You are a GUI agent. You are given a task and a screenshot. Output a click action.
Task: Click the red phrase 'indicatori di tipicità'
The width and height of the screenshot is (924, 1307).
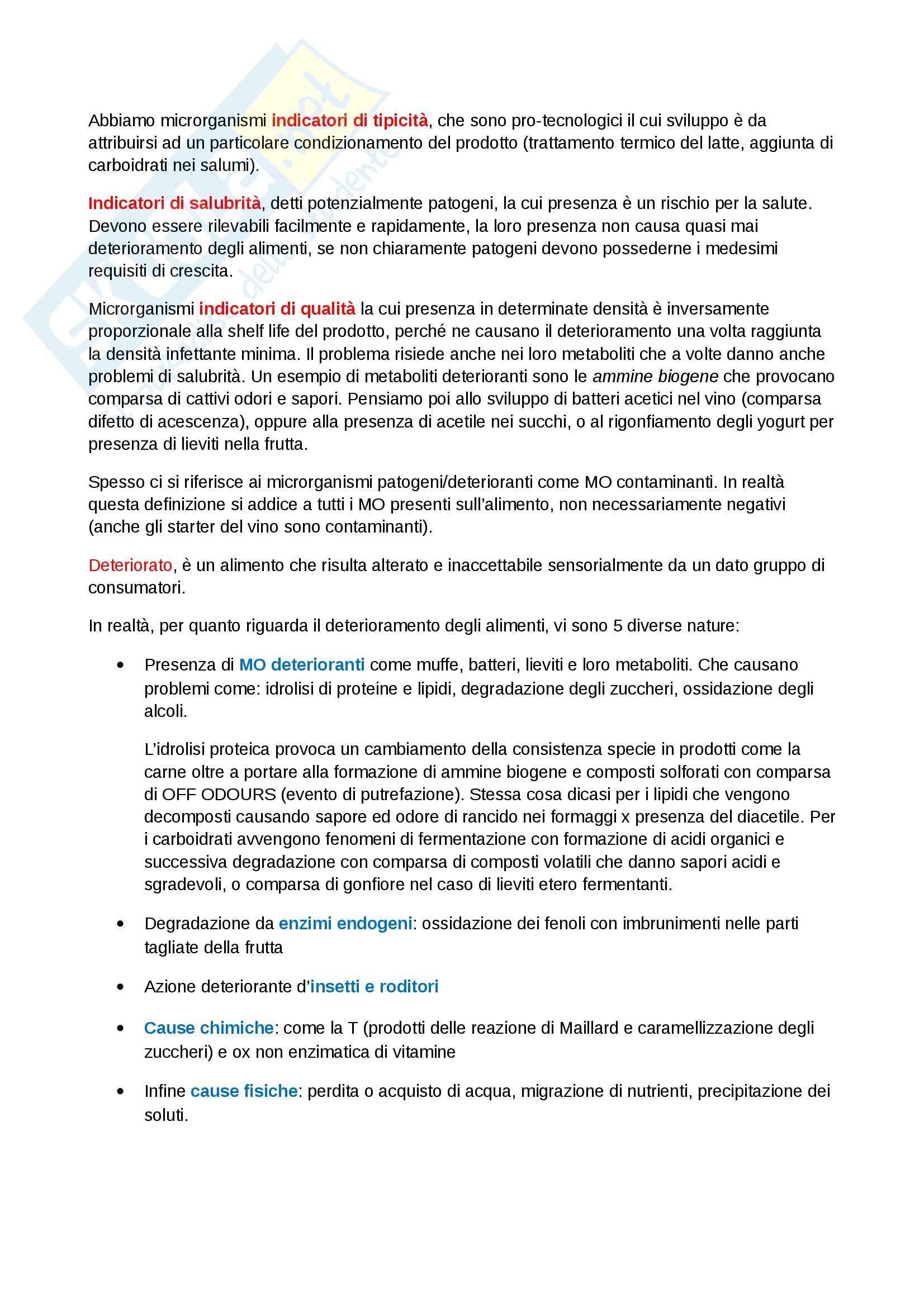tap(349, 121)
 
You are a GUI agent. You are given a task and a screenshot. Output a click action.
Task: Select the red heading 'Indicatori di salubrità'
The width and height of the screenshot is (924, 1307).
tap(175, 203)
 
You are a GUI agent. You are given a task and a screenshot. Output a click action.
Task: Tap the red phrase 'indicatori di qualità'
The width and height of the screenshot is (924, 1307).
tap(277, 308)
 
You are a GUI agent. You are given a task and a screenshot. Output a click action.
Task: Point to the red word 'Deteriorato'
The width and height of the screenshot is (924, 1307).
tap(130, 565)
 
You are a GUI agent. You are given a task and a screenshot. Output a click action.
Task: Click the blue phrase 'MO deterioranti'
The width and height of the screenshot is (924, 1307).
tap(302, 665)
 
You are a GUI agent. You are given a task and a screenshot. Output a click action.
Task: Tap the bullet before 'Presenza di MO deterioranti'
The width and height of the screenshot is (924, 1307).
tap(120, 665)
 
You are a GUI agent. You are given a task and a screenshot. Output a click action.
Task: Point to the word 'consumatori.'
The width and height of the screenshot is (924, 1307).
tap(136, 587)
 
